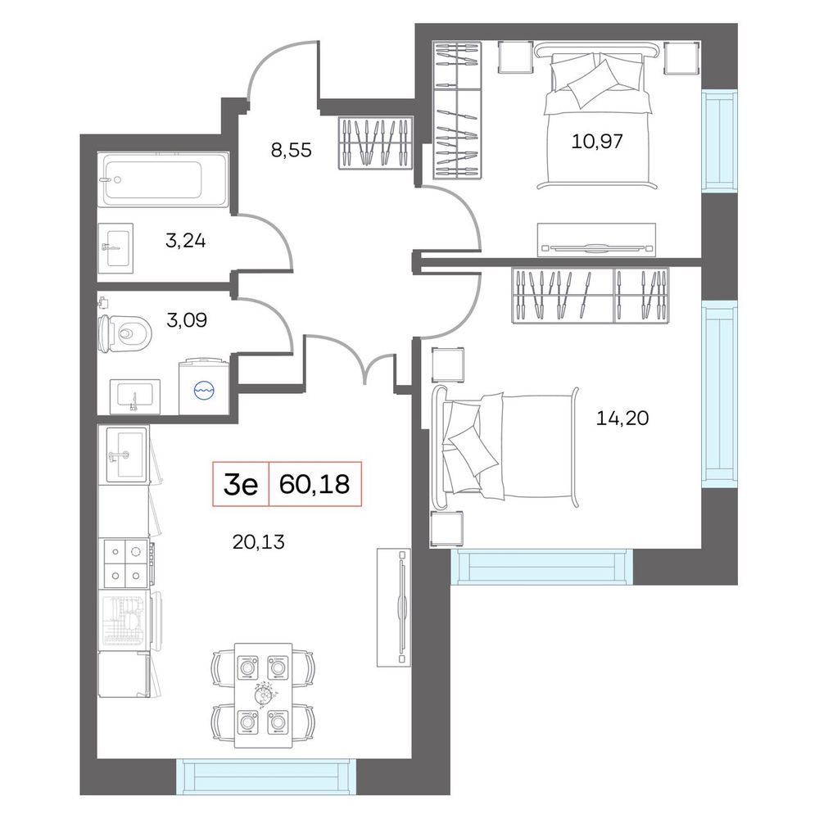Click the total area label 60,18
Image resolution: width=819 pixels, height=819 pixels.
point(314,484)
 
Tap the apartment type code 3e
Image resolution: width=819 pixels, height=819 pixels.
point(241,485)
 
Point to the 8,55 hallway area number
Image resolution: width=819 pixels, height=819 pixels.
point(291,151)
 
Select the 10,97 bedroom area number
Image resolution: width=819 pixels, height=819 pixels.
point(597,141)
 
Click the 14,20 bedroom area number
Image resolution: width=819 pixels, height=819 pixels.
point(622,418)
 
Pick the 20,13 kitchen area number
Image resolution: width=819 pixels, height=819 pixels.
point(259,542)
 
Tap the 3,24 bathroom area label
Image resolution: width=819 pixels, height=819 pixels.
point(185,241)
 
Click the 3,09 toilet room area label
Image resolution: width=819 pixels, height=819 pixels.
point(187,319)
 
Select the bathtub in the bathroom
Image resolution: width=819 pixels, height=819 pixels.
point(164,179)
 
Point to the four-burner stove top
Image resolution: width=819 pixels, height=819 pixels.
point(126,564)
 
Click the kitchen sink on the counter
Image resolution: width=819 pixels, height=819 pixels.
point(127,454)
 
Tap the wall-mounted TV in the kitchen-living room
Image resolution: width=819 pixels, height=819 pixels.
point(394,607)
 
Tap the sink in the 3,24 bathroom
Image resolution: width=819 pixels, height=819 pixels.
point(115,249)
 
